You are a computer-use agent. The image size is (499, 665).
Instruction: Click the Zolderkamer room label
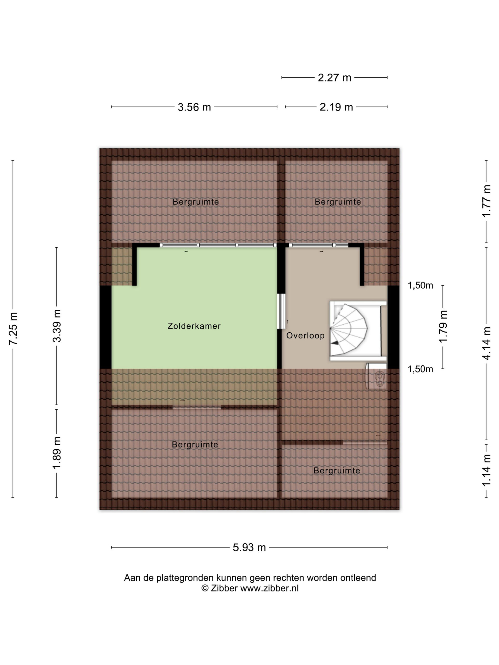pyautogui.click(x=194, y=326)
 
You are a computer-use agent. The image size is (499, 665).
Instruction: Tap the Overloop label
pyautogui.click(x=305, y=336)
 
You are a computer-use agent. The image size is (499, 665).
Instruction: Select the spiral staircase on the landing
pyautogui.click(x=358, y=330)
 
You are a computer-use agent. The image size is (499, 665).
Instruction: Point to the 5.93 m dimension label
pyautogui.click(x=249, y=547)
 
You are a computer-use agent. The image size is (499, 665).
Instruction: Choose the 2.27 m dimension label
pyautogui.click(x=334, y=78)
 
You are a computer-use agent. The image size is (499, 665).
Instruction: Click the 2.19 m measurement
pyautogui.click(x=336, y=107)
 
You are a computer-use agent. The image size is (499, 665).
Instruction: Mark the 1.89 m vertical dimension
pyautogui.click(x=57, y=453)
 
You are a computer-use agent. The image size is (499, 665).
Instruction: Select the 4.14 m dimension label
pyautogui.click(x=486, y=343)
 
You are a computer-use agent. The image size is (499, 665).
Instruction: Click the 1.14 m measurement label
pyautogui.click(x=486, y=470)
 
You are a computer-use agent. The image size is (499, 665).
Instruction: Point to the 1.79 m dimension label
pyautogui.click(x=443, y=327)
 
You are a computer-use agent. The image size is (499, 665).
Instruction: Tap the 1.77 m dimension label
pyautogui.click(x=486, y=201)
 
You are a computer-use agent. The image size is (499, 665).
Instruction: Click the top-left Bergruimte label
pyautogui.click(x=195, y=202)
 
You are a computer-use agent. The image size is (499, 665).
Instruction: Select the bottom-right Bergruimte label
pyautogui.click(x=337, y=470)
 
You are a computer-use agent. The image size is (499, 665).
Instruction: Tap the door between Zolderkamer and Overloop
pyautogui.click(x=281, y=311)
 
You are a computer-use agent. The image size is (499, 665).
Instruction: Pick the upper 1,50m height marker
pyautogui.click(x=420, y=285)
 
